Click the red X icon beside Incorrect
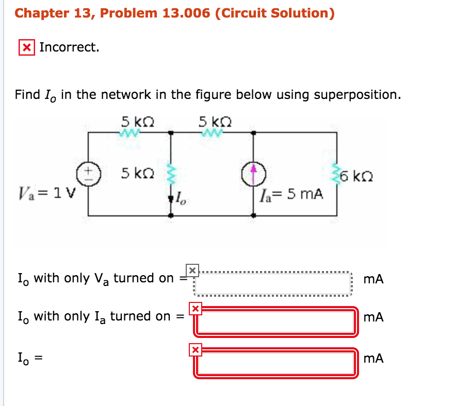(27, 47)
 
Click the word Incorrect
(69, 47)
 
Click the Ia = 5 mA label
(292, 194)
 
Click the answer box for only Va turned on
(273, 282)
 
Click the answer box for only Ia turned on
(276, 321)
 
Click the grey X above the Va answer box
(192, 269)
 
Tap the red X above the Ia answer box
(195, 309)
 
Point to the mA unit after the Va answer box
(373, 280)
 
